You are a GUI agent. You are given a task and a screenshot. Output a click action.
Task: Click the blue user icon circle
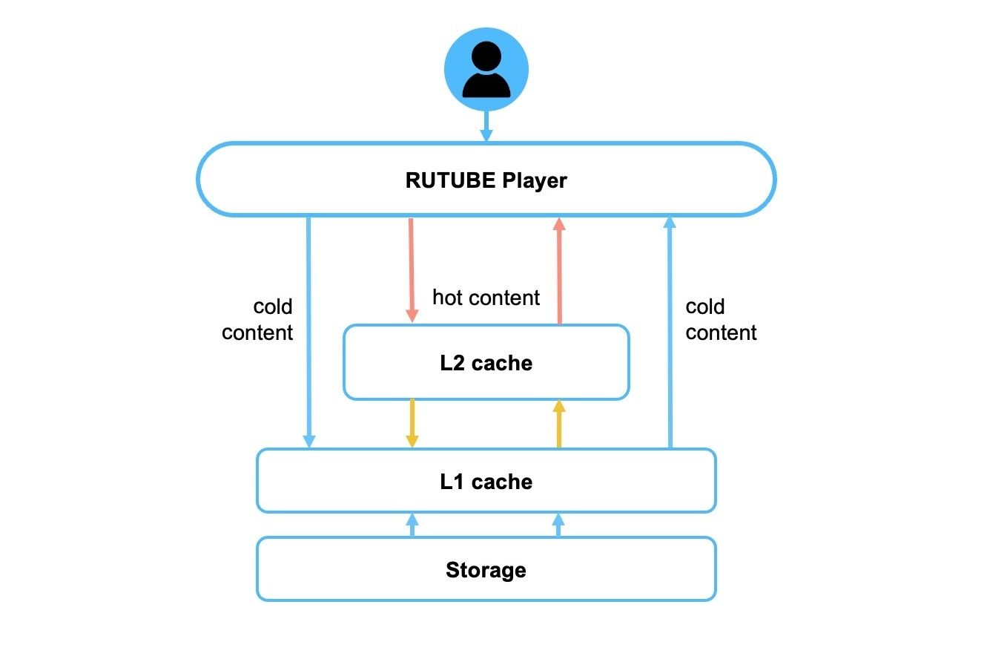(x=486, y=71)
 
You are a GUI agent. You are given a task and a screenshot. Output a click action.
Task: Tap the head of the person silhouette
(x=486, y=56)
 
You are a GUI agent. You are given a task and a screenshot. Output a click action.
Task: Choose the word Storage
(x=486, y=570)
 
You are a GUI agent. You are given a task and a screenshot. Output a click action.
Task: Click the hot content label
(x=486, y=298)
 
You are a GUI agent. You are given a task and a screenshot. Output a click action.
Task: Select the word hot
(x=447, y=298)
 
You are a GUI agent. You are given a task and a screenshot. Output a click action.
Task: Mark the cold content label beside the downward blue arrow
(x=258, y=319)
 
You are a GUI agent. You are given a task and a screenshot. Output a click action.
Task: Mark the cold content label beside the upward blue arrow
(x=721, y=319)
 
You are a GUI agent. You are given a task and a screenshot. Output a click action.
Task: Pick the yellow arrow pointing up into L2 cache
(x=559, y=424)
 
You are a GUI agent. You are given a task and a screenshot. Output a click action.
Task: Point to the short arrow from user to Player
(x=486, y=126)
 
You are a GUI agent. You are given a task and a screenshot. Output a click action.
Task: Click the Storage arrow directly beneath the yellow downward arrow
(x=412, y=525)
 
